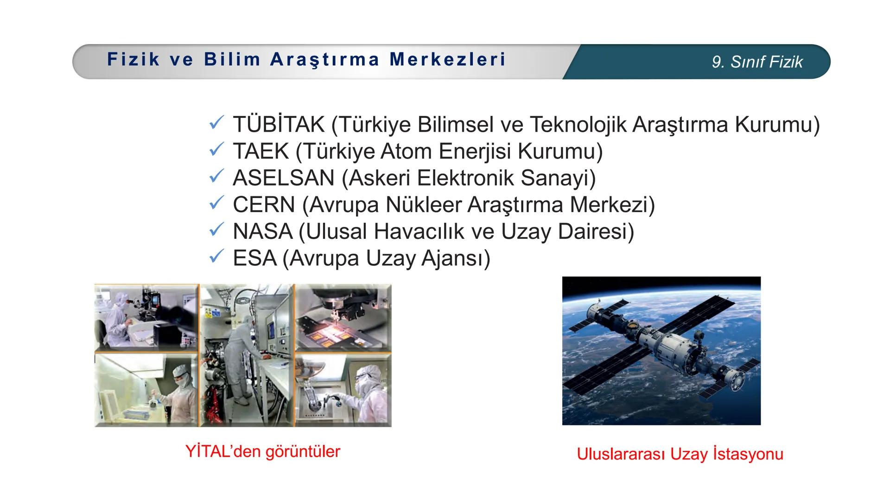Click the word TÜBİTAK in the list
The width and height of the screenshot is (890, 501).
(278, 124)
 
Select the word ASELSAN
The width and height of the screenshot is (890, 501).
(283, 178)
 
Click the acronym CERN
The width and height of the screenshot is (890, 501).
(264, 205)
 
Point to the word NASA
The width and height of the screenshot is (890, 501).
(262, 231)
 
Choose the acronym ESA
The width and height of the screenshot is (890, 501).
(254, 258)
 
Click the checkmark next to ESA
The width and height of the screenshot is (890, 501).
(216, 257)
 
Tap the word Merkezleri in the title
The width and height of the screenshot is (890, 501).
(447, 59)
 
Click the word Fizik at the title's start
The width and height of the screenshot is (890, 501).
(133, 59)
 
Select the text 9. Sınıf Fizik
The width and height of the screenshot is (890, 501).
(757, 62)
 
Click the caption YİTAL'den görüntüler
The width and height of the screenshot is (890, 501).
(262, 451)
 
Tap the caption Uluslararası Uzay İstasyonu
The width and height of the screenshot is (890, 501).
(680, 454)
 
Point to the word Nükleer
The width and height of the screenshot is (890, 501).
(424, 205)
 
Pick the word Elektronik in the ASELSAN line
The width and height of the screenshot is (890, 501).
(465, 178)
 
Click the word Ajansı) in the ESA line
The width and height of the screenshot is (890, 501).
(455, 258)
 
